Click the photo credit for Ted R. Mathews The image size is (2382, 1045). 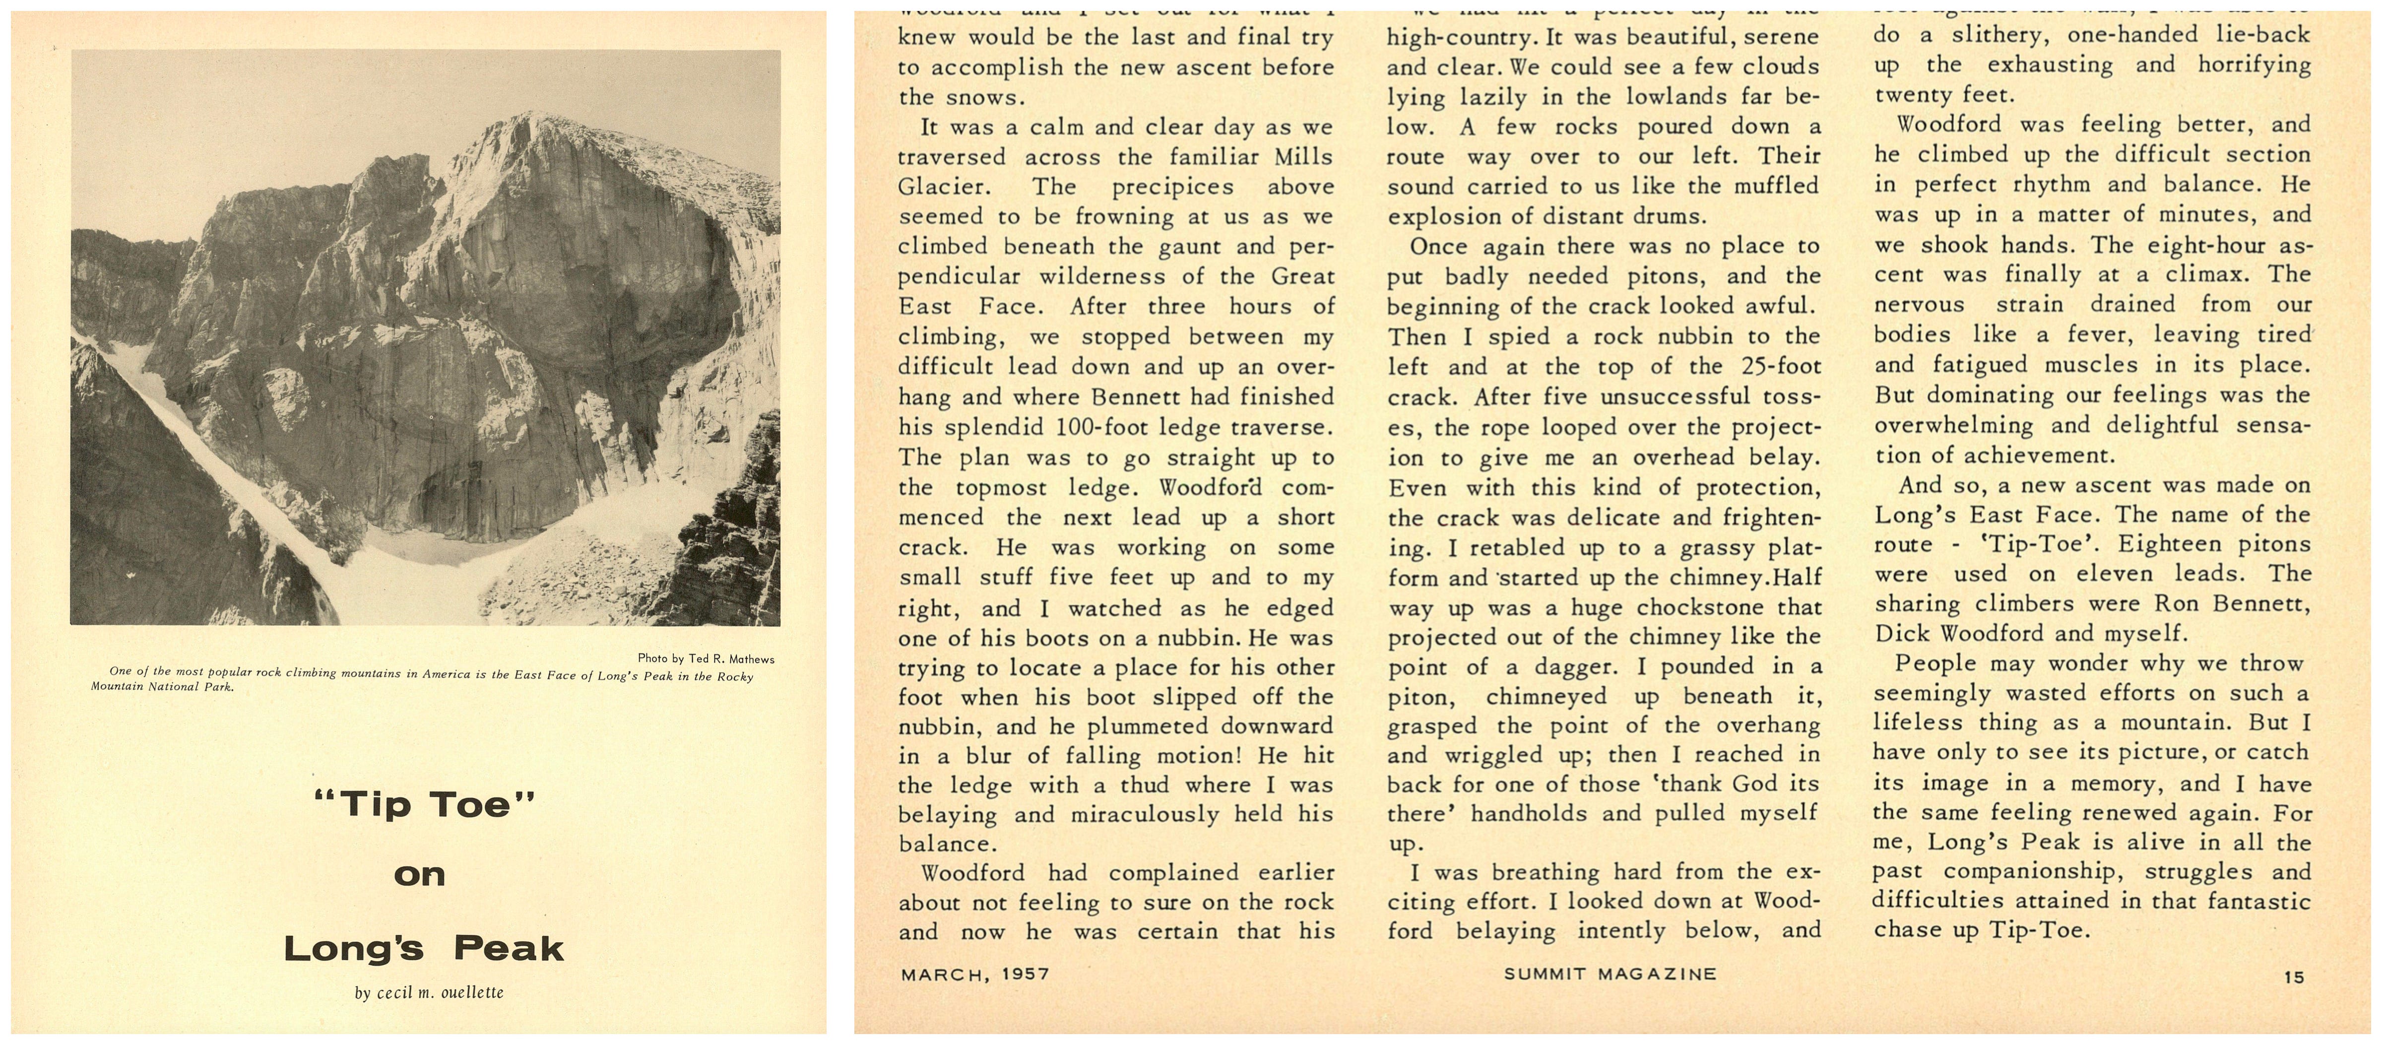pyautogui.click(x=706, y=658)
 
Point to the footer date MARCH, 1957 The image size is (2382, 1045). pyautogui.click(x=975, y=973)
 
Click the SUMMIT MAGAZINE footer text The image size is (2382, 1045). pyautogui.click(x=1610, y=973)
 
